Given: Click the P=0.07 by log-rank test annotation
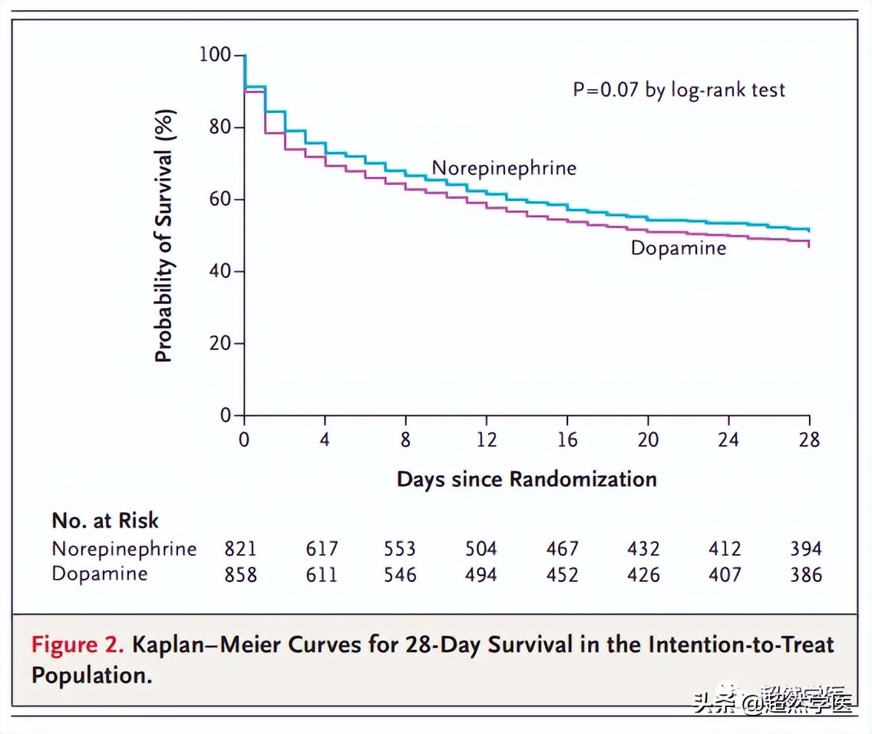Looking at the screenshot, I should pyautogui.click(x=679, y=90).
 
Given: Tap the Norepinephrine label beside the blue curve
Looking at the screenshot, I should pyautogui.click(x=504, y=168).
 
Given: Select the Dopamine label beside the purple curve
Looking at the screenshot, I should pyautogui.click(x=678, y=248).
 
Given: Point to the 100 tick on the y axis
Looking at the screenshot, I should pyautogui.click(x=215, y=55).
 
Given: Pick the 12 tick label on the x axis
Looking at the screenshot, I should pyautogui.click(x=486, y=440).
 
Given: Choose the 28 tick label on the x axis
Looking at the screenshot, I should pyautogui.click(x=809, y=440).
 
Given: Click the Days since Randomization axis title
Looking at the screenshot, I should pyautogui.click(x=527, y=480).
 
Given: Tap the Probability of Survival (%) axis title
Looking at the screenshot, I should pyautogui.click(x=164, y=236).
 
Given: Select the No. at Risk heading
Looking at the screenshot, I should pyautogui.click(x=105, y=521).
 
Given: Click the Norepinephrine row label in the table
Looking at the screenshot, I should pyautogui.click(x=124, y=549).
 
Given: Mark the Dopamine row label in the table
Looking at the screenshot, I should pyautogui.click(x=100, y=574).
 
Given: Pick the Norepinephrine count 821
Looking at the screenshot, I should pyautogui.click(x=240, y=549).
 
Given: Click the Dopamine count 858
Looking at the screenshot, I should pyautogui.click(x=240, y=574).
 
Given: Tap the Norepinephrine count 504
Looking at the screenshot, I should pyautogui.click(x=481, y=549).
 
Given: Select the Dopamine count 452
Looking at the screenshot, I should pyautogui.click(x=562, y=574).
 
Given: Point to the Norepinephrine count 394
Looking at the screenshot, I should pyautogui.click(x=806, y=549).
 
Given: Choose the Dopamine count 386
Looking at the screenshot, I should pyautogui.click(x=806, y=574).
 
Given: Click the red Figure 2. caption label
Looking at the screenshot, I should pyautogui.click(x=78, y=643).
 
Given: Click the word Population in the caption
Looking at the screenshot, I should pyautogui.click(x=89, y=675).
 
